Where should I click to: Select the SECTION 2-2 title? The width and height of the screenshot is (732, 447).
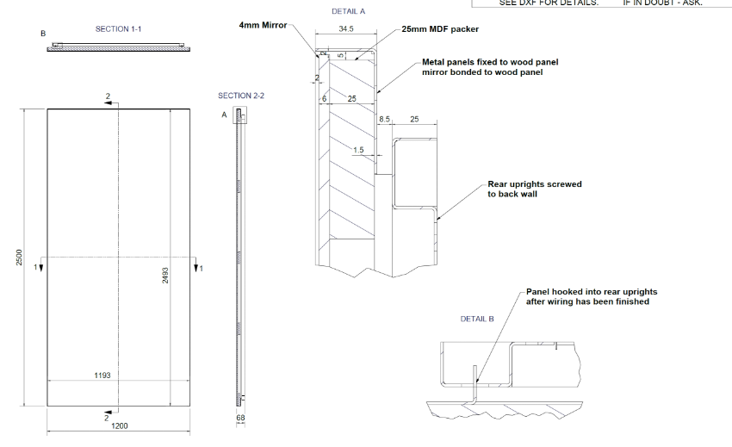coord(240,96)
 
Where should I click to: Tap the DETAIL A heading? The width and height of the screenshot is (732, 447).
coord(349,11)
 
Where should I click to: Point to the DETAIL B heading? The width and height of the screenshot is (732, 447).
coord(477,319)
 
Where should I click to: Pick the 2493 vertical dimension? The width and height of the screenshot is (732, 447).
coord(165,276)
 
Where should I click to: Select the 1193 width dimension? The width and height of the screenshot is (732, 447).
coord(102,376)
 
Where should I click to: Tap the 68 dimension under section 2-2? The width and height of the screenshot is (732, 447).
coord(241,419)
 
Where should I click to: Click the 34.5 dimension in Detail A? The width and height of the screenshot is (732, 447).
coord(347,28)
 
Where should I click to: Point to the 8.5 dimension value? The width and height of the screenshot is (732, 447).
coord(385,119)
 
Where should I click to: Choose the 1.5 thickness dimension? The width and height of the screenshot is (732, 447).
coord(358,149)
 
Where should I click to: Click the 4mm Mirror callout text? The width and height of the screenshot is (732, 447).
coord(263,25)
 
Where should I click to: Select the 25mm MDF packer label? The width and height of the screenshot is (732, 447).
coord(440,29)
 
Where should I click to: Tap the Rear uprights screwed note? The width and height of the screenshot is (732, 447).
coord(534,189)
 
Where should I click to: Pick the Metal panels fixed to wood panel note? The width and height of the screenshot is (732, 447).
coord(481,67)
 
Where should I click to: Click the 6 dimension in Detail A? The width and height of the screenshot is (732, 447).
coord(324,99)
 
